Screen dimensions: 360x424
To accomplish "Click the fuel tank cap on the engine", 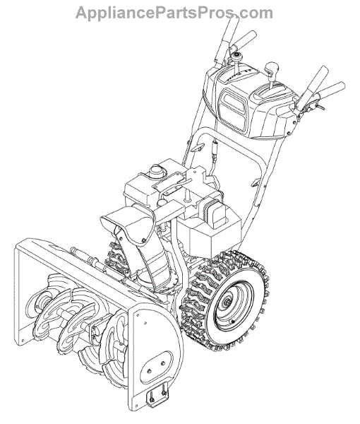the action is pyautogui.click(x=155, y=170).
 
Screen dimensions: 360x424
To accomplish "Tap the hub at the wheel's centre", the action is pyautogui.click(x=227, y=302).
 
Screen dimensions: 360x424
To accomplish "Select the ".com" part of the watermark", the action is pyautogui.click(x=253, y=13).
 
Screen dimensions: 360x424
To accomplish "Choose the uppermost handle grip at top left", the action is pyautogui.click(x=227, y=38).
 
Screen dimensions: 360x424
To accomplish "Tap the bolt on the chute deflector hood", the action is pyautogui.click(x=143, y=240).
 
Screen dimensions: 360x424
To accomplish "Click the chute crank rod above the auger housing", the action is pyautogui.click(x=89, y=259).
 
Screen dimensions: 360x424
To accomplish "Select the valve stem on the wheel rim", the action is pyautogui.click(x=232, y=322).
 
